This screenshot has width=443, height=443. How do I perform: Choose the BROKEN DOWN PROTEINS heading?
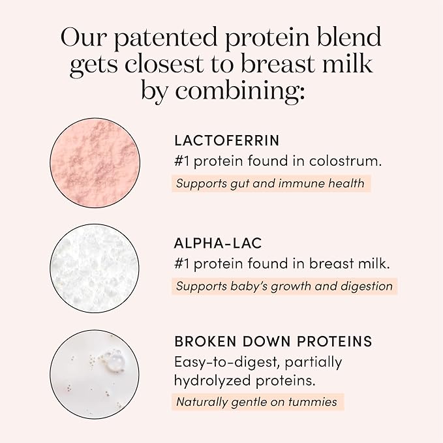point(273,341)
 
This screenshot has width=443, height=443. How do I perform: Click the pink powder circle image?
point(95,163)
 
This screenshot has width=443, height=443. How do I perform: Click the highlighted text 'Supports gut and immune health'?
point(270,183)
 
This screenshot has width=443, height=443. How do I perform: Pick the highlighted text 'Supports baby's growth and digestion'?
point(284,286)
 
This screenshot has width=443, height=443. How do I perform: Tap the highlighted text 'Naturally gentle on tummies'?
point(257,402)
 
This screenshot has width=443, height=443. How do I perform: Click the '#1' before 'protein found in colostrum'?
point(183,161)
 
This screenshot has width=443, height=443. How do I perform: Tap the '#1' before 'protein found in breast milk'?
point(183,264)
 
